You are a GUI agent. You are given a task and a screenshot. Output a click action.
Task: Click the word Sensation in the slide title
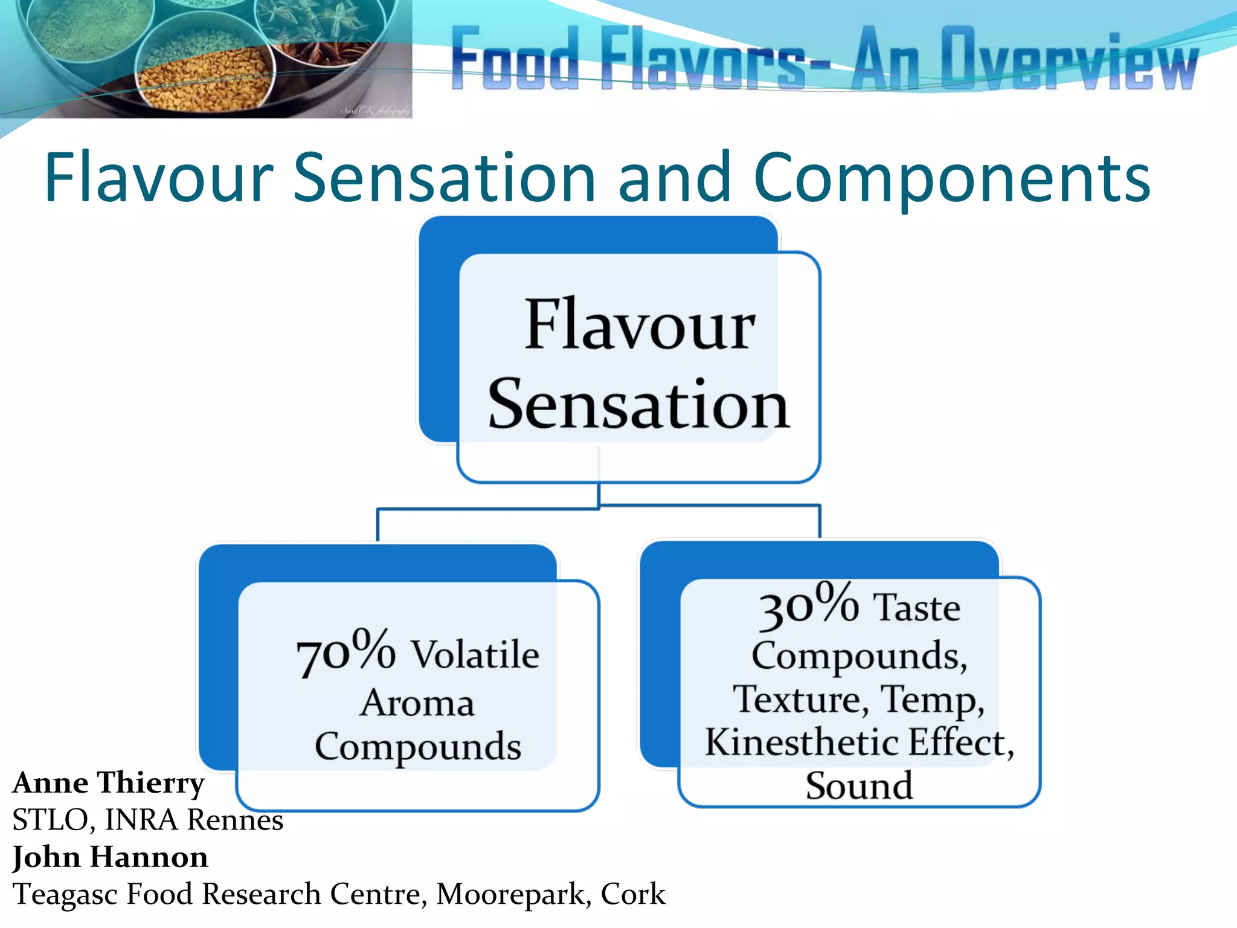[445, 178]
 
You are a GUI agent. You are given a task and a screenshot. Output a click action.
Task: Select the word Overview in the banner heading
[1069, 59]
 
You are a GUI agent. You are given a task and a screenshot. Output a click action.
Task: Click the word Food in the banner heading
[515, 59]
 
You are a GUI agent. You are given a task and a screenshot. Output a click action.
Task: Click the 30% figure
[808, 604]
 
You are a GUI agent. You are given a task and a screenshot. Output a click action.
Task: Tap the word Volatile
[475, 656]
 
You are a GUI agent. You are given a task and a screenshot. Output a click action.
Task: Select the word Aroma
[417, 704]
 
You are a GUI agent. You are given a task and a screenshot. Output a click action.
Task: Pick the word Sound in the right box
[858, 786]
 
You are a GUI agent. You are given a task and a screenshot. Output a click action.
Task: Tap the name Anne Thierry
[109, 783]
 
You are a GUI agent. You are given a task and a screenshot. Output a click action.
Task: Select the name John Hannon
[111, 857]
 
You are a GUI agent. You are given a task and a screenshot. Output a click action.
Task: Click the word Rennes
[235, 820]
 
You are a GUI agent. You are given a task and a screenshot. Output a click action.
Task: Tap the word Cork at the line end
[632, 895]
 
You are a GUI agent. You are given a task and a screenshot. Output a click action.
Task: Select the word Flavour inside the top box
[639, 326]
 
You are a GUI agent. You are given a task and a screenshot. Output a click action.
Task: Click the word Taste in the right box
[916, 608]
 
